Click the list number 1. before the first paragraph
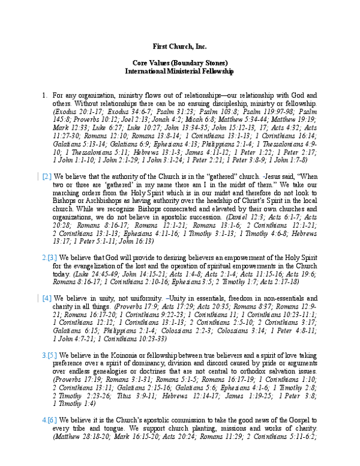pyautogui.click(x=44, y=95)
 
